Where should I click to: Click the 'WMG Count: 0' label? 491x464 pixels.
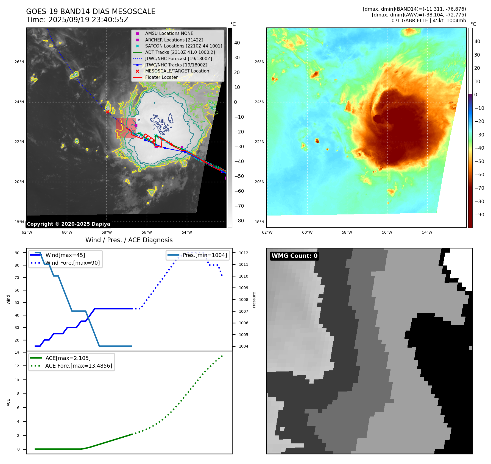click(294, 256)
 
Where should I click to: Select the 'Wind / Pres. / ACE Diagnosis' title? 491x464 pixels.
click(129, 240)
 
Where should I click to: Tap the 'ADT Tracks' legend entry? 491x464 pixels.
click(180, 52)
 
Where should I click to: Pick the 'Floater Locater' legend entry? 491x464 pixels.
click(161, 77)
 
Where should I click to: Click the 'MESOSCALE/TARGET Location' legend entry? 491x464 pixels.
click(177, 71)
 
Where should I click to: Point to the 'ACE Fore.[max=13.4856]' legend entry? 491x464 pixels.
click(79, 366)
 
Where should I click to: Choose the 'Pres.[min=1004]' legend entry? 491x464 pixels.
click(205, 255)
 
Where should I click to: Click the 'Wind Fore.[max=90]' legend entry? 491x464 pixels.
click(72, 263)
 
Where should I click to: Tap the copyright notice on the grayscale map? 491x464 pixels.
click(68, 224)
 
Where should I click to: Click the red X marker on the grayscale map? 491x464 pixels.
click(107, 112)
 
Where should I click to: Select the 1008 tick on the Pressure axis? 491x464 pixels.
click(243, 300)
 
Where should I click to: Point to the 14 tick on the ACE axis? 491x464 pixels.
click(17, 352)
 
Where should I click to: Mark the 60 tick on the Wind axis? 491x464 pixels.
click(17, 290)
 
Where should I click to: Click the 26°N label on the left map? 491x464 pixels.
click(19, 62)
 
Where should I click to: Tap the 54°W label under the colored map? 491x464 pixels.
click(427, 232)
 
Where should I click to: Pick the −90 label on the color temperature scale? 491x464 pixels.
click(479, 215)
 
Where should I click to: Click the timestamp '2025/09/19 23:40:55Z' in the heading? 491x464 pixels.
click(88, 20)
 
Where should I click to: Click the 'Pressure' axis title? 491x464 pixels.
click(254, 300)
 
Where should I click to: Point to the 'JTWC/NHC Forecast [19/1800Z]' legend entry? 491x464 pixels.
click(178, 58)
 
